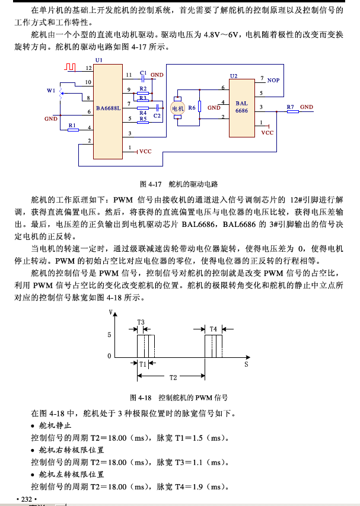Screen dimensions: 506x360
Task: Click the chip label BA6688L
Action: click(x=109, y=108)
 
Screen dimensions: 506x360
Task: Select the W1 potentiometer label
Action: click(x=51, y=91)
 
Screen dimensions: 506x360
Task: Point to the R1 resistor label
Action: click(x=72, y=124)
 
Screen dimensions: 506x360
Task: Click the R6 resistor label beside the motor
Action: click(x=192, y=108)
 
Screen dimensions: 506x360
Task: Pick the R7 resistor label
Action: click(x=291, y=107)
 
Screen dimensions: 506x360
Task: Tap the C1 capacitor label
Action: click(x=143, y=73)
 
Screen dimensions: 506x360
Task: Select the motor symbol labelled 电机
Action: click(x=178, y=108)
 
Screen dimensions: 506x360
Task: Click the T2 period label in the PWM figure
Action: click(x=173, y=377)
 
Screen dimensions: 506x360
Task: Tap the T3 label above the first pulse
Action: click(x=141, y=322)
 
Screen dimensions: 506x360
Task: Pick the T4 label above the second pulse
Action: click(x=214, y=328)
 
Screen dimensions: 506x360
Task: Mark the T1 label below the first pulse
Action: click(x=143, y=364)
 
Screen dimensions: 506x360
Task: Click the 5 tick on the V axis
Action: click(x=109, y=335)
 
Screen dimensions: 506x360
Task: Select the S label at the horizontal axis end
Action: click(x=245, y=364)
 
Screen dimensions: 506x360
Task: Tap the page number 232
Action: click(x=26, y=499)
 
